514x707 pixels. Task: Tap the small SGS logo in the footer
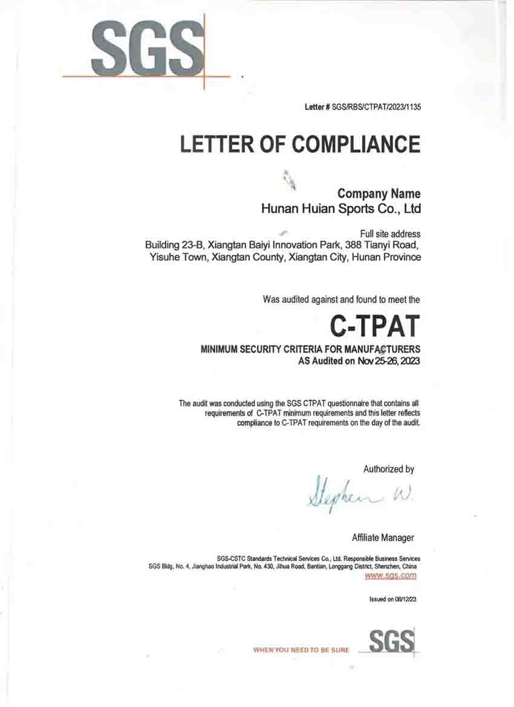(391, 641)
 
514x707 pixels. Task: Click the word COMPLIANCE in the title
(356, 145)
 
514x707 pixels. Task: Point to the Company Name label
(379, 194)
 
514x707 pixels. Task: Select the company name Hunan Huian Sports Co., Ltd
(340, 209)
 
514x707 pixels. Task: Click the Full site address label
(390, 234)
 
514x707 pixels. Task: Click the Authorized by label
(388, 469)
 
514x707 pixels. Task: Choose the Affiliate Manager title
(383, 538)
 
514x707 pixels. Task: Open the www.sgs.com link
(390, 576)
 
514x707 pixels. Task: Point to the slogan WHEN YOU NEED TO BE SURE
(301, 650)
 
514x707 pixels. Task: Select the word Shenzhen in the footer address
(386, 567)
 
